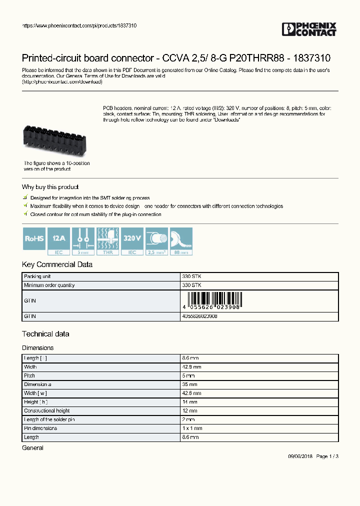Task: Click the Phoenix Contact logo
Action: [x=309, y=29]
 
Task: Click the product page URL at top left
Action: [x=79, y=25]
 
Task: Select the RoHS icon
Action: [x=34, y=241]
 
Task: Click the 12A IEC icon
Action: [x=58, y=241]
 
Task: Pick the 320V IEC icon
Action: [x=132, y=241]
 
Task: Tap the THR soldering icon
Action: [x=107, y=241]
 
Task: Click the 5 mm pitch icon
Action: [x=83, y=241]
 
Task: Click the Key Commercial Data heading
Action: [x=57, y=264]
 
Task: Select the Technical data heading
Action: [x=45, y=333]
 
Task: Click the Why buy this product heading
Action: [x=50, y=187]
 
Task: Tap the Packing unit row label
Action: [x=37, y=276]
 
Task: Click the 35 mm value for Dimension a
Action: [x=190, y=384]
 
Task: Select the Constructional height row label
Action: [x=47, y=410]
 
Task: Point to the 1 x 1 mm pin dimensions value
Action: [x=192, y=428]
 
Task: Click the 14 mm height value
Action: [x=190, y=402]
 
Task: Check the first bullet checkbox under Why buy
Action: [x=25, y=198]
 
